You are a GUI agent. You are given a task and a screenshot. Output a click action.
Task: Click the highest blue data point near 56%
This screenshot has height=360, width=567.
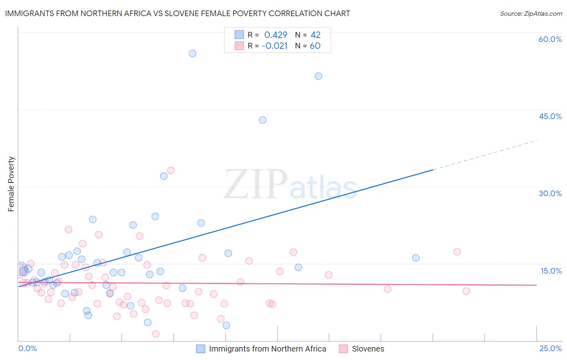pos(192,53)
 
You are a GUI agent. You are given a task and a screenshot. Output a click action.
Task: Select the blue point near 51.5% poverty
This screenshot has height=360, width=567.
pos(319,76)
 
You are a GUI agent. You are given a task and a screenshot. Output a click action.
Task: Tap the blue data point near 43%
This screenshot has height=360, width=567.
pos(263,120)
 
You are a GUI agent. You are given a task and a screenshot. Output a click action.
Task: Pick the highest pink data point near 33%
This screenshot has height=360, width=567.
pos(171,170)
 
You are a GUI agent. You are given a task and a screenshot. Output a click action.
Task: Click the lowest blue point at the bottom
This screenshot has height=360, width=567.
pos(226,325)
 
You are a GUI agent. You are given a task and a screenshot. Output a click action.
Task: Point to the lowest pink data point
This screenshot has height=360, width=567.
pos(156,334)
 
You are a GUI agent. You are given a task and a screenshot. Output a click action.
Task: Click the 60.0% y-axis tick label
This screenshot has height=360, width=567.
pos(550,39)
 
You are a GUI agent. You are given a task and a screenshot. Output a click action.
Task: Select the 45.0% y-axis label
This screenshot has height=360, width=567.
pos(550,116)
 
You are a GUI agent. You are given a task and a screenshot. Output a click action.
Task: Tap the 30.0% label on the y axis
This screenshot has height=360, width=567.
pos(550,193)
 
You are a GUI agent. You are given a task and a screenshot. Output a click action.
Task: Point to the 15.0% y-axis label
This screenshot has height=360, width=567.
pos(551,271)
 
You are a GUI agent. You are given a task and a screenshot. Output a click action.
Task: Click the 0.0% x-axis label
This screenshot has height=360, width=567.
pos(27,348)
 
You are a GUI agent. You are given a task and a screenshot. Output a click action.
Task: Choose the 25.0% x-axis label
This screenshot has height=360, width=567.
pos(550,348)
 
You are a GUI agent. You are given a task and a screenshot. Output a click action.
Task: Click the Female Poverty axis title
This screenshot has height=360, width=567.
pos(11,184)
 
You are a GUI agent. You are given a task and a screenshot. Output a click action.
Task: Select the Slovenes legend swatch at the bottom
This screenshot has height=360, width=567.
pos(343,349)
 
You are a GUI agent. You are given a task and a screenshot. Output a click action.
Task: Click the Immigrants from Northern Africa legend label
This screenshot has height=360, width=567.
pos(267,349)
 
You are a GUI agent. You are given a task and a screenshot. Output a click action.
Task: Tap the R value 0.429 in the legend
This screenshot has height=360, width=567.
pos(276,35)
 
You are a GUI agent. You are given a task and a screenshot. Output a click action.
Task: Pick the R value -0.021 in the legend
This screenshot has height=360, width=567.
pos(275,46)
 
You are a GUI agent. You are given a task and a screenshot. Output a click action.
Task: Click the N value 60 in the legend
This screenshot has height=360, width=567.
pos(315,46)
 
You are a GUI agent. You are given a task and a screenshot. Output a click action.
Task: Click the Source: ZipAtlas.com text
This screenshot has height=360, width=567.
pos(531,13)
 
